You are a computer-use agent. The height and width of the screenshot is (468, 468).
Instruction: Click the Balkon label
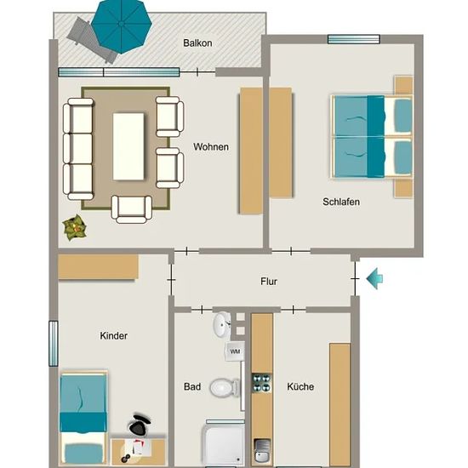(x=197, y=43)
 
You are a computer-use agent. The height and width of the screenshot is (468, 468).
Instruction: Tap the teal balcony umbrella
(x=122, y=26)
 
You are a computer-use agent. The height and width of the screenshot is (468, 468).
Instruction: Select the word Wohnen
(x=211, y=147)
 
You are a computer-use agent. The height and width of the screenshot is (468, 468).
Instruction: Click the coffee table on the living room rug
(x=128, y=146)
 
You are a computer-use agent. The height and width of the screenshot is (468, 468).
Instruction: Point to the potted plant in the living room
(x=75, y=227)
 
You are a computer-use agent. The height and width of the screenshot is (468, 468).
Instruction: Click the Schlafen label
(x=341, y=202)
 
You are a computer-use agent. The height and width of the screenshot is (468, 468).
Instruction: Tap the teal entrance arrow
(x=374, y=278)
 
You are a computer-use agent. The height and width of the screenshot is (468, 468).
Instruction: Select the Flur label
(x=269, y=282)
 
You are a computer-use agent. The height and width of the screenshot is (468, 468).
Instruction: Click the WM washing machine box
(x=235, y=351)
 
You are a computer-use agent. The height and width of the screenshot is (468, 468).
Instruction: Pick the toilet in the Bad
(x=225, y=387)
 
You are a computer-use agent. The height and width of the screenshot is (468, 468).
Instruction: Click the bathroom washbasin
(x=221, y=324)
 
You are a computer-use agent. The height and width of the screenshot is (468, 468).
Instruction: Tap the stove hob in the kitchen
(x=262, y=383)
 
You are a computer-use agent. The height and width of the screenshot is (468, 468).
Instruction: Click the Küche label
(x=300, y=387)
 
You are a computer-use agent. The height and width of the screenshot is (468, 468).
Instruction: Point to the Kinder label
(x=113, y=336)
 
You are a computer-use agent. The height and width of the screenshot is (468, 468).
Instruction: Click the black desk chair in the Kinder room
(x=139, y=425)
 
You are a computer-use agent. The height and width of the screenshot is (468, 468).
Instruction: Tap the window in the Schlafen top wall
(x=354, y=39)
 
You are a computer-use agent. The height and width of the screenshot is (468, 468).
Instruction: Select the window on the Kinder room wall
(x=53, y=344)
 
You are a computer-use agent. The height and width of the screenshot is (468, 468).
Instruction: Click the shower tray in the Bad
(x=224, y=444)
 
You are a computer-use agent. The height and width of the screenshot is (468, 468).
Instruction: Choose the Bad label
(x=192, y=387)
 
